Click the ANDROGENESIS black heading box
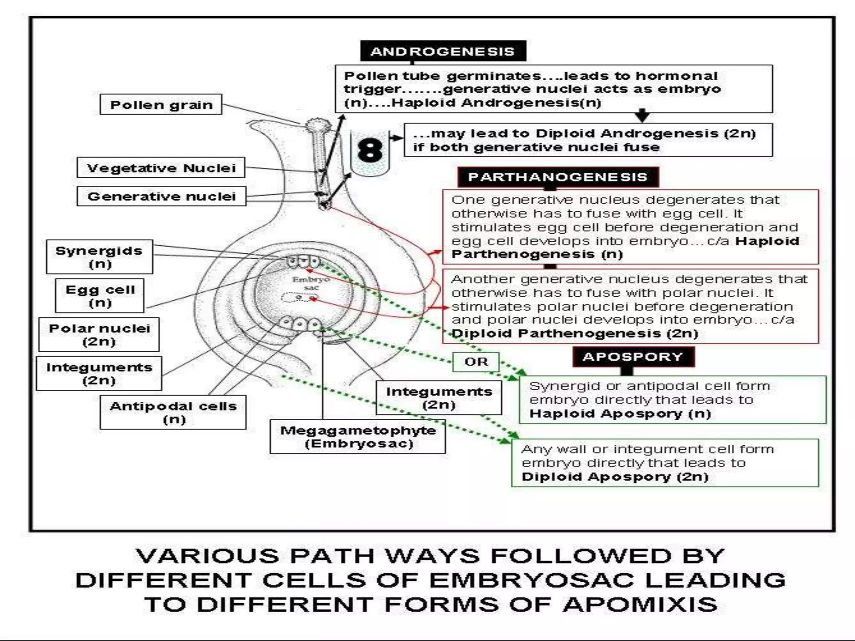pos(443,51)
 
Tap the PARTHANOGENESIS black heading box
pos(558,177)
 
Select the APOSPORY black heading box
pos(633,357)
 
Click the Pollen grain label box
pos(161,104)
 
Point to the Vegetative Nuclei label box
pos(161,168)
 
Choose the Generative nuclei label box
pos(162,196)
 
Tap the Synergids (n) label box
pos(99,257)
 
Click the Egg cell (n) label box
pos(100,296)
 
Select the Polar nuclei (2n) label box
pos(99,335)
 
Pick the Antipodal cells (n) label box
pos(173,412)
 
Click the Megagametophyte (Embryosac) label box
pos(358,437)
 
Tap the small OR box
pos(476,361)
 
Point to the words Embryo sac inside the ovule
pos(311,283)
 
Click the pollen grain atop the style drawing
pos(317,124)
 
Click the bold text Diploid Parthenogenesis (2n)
pos(575,333)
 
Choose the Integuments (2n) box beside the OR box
pos(439,398)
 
